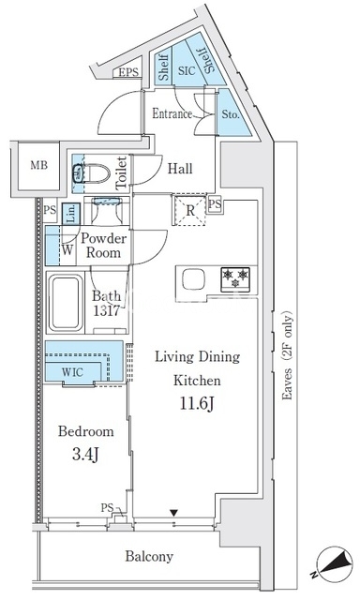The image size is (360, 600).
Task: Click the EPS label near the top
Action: click(x=128, y=72)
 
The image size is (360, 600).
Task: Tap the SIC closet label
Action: click(x=187, y=70)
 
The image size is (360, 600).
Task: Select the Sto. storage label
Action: click(x=231, y=114)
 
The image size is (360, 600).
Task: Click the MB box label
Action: click(x=39, y=165)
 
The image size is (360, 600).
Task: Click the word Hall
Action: click(x=180, y=169)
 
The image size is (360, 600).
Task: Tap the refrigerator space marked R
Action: click(x=190, y=210)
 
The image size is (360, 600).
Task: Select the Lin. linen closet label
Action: click(x=71, y=214)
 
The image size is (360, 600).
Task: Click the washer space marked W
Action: click(x=67, y=250)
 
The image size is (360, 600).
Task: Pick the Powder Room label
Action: click(x=103, y=246)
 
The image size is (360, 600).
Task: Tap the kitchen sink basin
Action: click(x=193, y=279)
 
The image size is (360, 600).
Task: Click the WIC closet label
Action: click(x=72, y=371)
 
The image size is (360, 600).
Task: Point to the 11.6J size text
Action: click(x=196, y=403)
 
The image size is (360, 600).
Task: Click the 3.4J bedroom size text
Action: click(x=85, y=454)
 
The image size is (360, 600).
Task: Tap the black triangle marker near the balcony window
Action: click(x=174, y=512)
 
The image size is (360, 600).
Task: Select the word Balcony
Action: click(x=149, y=556)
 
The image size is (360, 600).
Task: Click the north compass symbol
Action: click(x=331, y=562)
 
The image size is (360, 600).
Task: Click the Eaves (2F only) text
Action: click(x=287, y=356)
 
